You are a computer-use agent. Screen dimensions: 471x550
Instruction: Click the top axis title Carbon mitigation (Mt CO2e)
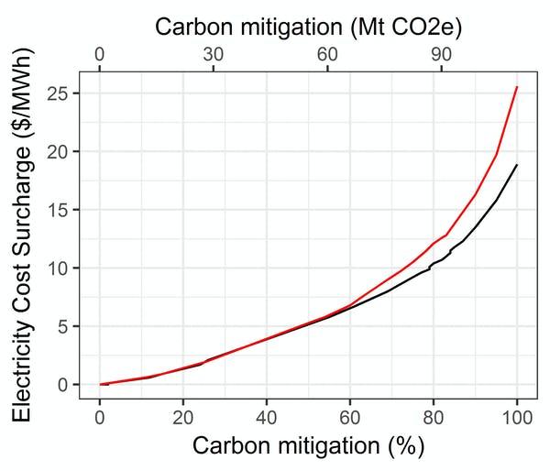click(308, 26)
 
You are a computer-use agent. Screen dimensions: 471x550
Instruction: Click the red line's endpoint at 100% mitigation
click(517, 87)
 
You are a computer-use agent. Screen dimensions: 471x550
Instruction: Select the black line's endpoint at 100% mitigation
click(517, 165)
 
